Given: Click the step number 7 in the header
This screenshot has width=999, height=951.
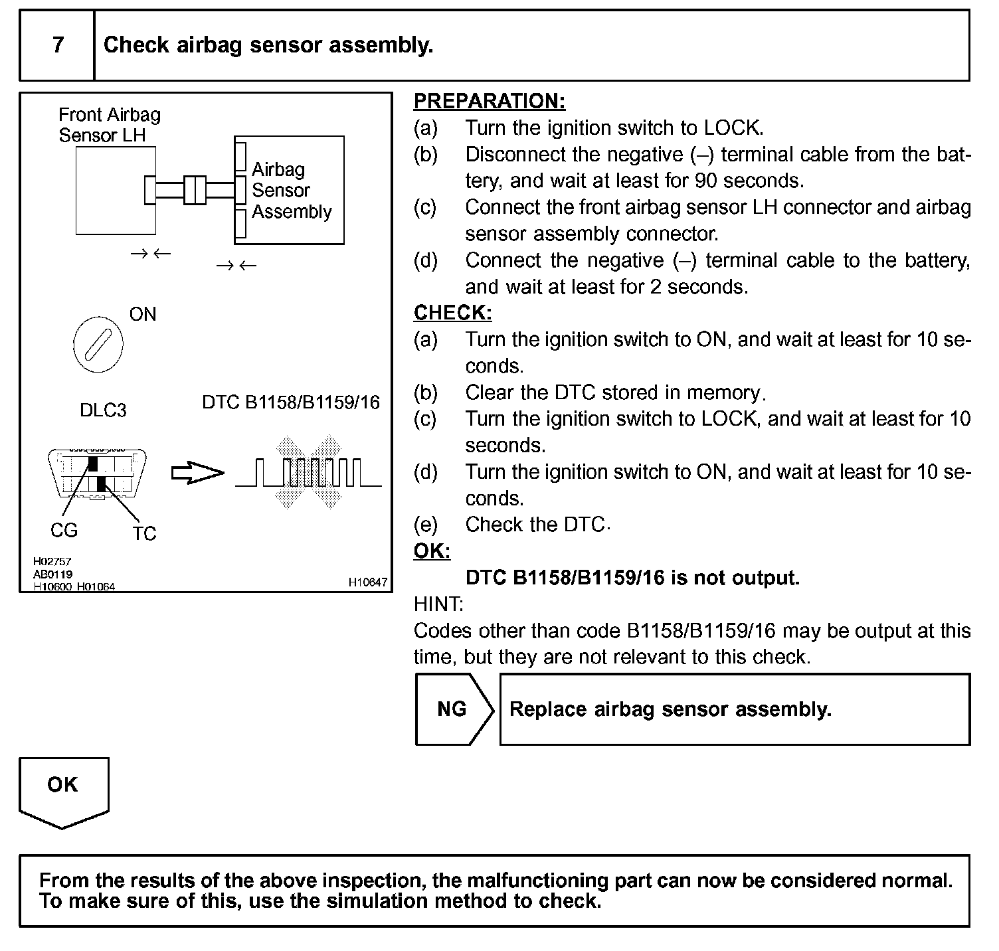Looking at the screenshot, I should [x=58, y=45].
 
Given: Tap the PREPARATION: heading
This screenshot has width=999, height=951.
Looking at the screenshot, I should [x=489, y=101].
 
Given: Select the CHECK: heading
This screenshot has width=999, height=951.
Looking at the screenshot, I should [x=452, y=313].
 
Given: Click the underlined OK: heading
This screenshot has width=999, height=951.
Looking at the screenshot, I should [x=432, y=551].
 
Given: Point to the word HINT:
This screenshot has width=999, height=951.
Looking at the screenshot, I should [x=438, y=604].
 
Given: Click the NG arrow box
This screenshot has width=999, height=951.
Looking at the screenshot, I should [x=454, y=709].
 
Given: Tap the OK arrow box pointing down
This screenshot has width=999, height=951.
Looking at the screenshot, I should [x=63, y=790].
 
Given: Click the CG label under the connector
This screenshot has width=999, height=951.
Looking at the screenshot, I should [x=64, y=530].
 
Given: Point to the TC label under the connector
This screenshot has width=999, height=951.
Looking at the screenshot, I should [x=143, y=533].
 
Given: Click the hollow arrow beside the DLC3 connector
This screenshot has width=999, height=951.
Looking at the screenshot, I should [x=197, y=474].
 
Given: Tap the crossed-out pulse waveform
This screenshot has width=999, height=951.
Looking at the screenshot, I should [x=308, y=472].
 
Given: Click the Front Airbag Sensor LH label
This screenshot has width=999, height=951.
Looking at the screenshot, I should [x=110, y=125].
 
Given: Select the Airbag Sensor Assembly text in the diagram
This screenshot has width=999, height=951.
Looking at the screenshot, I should [x=291, y=191].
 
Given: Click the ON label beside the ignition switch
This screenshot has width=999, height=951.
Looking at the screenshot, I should [x=143, y=314].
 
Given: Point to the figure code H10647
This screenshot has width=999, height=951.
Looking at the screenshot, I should [x=367, y=582].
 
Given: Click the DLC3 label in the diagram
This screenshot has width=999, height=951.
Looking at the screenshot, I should [x=103, y=410].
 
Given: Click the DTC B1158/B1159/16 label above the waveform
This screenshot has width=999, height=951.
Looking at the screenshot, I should [x=290, y=402].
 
